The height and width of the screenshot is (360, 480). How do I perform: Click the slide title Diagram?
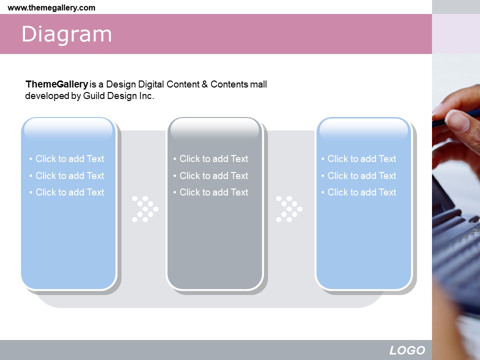pyautogui.click(x=66, y=34)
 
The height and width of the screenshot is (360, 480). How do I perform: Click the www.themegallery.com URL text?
pyautogui.click(x=51, y=7)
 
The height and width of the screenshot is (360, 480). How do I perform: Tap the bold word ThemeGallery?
pyautogui.click(x=57, y=84)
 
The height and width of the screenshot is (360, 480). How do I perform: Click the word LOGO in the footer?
pyautogui.click(x=407, y=350)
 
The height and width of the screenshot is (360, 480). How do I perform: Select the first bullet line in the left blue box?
pyautogui.click(x=66, y=158)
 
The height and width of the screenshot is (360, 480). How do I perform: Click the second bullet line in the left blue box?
pyautogui.click(x=66, y=175)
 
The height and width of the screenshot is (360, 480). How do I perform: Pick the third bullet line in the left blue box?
pyautogui.click(x=66, y=192)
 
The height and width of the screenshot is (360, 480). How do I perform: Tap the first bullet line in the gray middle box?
pyautogui.click(x=210, y=158)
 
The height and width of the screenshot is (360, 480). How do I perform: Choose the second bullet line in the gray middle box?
pyautogui.click(x=210, y=175)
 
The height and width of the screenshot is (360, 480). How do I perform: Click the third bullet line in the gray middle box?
pyautogui.click(x=210, y=192)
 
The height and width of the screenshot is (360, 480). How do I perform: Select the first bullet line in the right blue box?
pyautogui.click(x=359, y=158)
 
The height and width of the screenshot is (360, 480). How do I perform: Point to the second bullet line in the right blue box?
pyautogui.click(x=359, y=175)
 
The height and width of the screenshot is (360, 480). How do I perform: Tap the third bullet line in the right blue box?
pyautogui.click(x=359, y=192)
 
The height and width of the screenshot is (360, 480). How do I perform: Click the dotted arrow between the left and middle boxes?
pyautogui.click(x=145, y=209)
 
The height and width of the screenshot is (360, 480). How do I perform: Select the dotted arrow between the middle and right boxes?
pyautogui.click(x=289, y=209)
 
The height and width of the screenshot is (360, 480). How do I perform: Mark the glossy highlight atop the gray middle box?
pyautogui.click(x=215, y=128)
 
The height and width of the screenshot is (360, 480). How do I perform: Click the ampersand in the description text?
pyautogui.click(x=204, y=84)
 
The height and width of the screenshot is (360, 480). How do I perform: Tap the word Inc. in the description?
pyautogui.click(x=146, y=96)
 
